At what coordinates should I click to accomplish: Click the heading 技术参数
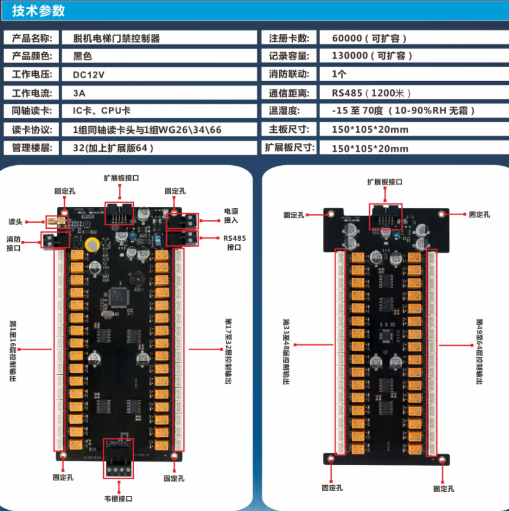click(x=38, y=11)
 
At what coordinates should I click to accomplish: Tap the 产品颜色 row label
click(x=32, y=56)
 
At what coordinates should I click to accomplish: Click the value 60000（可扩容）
click(x=369, y=38)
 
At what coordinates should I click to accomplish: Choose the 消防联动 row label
click(x=289, y=74)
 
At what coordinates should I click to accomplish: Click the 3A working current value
click(x=79, y=93)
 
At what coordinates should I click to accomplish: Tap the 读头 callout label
click(x=16, y=221)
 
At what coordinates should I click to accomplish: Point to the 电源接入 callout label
click(x=231, y=216)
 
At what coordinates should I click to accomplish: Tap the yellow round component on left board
click(x=92, y=244)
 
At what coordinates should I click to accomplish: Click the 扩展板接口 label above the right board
click(x=385, y=181)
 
